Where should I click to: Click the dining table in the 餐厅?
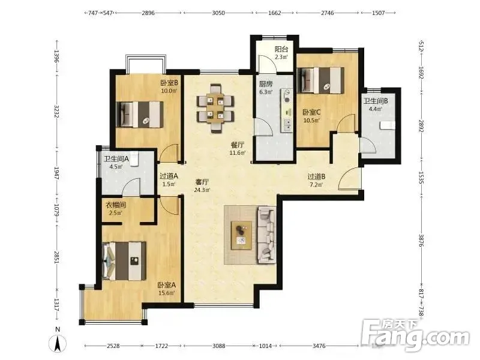tap(215, 108)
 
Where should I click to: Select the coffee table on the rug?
tap(242, 235)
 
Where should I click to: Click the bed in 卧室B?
tap(140, 115)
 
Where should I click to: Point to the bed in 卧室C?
tap(321, 80)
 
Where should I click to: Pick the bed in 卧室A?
tap(124, 260)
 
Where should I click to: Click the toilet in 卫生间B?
tap(387, 125)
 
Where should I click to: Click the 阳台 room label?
tap(281, 49)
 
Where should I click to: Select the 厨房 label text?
tap(265, 84)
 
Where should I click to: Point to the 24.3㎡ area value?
tap(202, 190)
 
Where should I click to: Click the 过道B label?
tap(316, 176)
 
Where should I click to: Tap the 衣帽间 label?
tap(116, 205)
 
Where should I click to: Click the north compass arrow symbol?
tap(58, 343)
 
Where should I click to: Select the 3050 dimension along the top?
tap(218, 13)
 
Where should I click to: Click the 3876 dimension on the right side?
tap(421, 241)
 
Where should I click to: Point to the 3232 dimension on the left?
tap(56, 112)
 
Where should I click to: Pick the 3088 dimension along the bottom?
tap(218, 346)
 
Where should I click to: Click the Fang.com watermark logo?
tap(415, 335)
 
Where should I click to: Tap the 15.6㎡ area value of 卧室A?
tap(167, 293)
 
